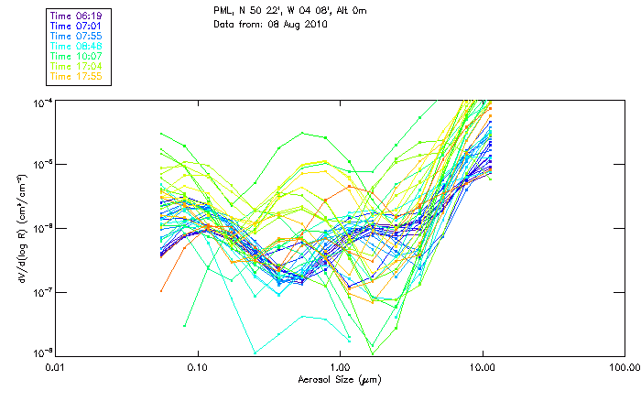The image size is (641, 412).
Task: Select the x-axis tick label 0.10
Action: pyautogui.click(x=198, y=368)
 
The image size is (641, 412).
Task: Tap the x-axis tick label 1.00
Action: pyautogui.click(x=340, y=368)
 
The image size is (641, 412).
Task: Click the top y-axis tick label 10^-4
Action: pyautogui.click(x=41, y=101)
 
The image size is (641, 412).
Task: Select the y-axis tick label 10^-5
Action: pyautogui.click(x=41, y=165)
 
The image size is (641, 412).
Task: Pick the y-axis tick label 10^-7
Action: pyautogui.click(x=41, y=292)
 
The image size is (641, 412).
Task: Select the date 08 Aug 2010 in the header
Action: pyautogui.click(x=299, y=24)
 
